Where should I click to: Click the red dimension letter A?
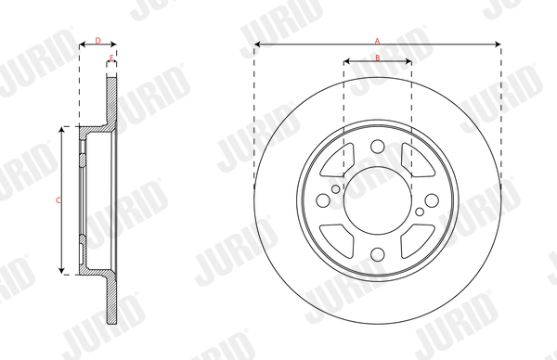377,41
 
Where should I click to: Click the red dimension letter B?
378,58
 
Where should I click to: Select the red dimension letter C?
58,200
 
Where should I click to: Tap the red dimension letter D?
98,41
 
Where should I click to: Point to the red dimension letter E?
111,58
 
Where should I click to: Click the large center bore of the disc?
378,200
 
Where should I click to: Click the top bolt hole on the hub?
378,147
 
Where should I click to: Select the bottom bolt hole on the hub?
378,254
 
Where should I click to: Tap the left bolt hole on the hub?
323,200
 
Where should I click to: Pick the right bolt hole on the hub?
432,200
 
